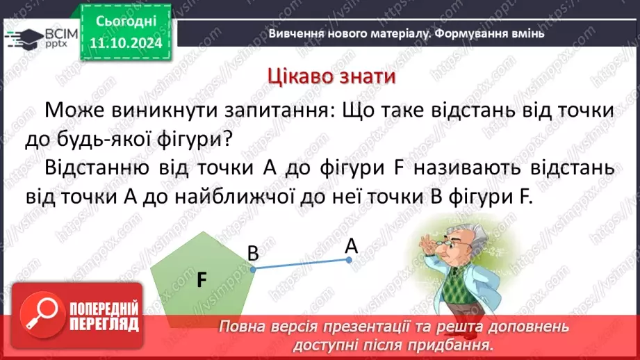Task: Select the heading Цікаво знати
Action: (x=331, y=76)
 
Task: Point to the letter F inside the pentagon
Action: (x=202, y=279)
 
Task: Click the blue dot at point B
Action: (x=253, y=269)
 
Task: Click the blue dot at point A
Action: (x=350, y=260)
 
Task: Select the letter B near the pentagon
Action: (x=253, y=254)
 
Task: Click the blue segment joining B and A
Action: (x=301, y=264)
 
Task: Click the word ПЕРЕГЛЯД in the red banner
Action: (x=104, y=324)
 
